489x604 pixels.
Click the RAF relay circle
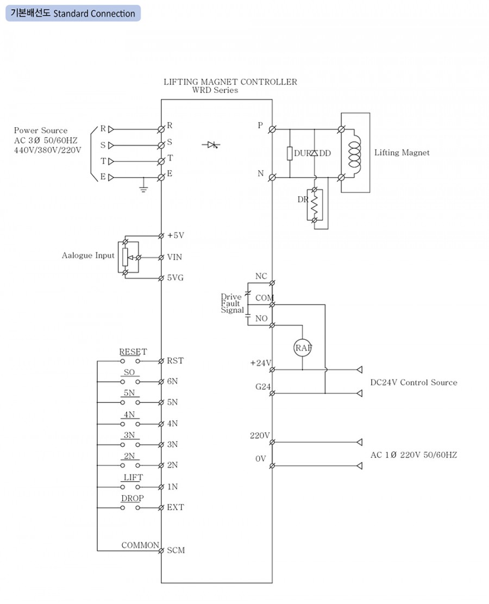click(303, 348)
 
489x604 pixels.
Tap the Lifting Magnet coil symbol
click(354, 153)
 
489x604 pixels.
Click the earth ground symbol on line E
click(143, 188)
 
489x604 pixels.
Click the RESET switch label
click(133, 352)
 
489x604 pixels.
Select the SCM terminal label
click(176, 550)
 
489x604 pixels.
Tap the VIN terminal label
click(175, 257)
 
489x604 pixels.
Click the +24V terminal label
click(260, 363)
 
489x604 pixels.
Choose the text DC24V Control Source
click(413, 382)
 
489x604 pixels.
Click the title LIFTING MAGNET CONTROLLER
click(230, 82)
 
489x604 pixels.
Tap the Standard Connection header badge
click(73, 13)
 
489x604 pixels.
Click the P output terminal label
click(260, 126)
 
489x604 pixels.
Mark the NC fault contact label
click(261, 276)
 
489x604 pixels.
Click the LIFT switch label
click(133, 477)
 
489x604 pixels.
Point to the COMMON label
click(140, 545)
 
